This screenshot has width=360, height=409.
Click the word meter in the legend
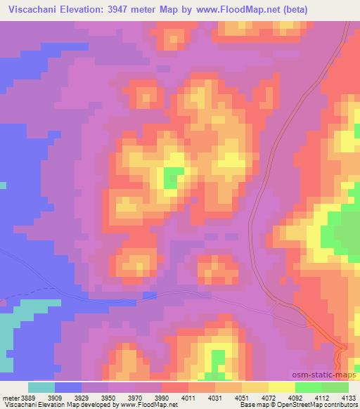click(11, 397)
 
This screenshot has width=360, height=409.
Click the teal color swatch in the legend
click(41, 387)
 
